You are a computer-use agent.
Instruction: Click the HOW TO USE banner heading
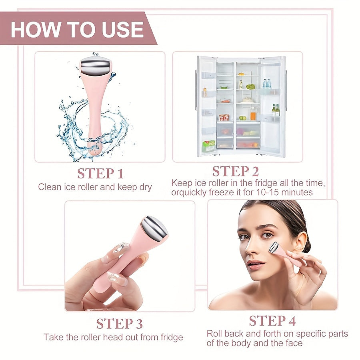coord(77,30)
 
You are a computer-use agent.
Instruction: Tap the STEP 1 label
coord(100,174)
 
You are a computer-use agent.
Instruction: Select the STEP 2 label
coord(235,171)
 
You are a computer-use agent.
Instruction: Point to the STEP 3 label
coord(119,323)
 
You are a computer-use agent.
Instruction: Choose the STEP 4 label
coord(273,321)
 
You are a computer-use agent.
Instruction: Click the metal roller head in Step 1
coord(96,66)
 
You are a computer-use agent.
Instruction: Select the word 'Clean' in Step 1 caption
coord(48,187)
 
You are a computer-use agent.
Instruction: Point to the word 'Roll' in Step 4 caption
coord(214,334)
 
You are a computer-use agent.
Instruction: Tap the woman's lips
coord(255,265)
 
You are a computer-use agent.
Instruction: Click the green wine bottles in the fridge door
coord(276,110)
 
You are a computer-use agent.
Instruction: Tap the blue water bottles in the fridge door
coord(266,83)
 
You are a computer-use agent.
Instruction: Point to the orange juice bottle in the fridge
coord(253,116)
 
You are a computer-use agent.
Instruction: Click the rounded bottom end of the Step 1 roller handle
coord(95,151)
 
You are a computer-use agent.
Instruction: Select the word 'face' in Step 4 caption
coord(294,343)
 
